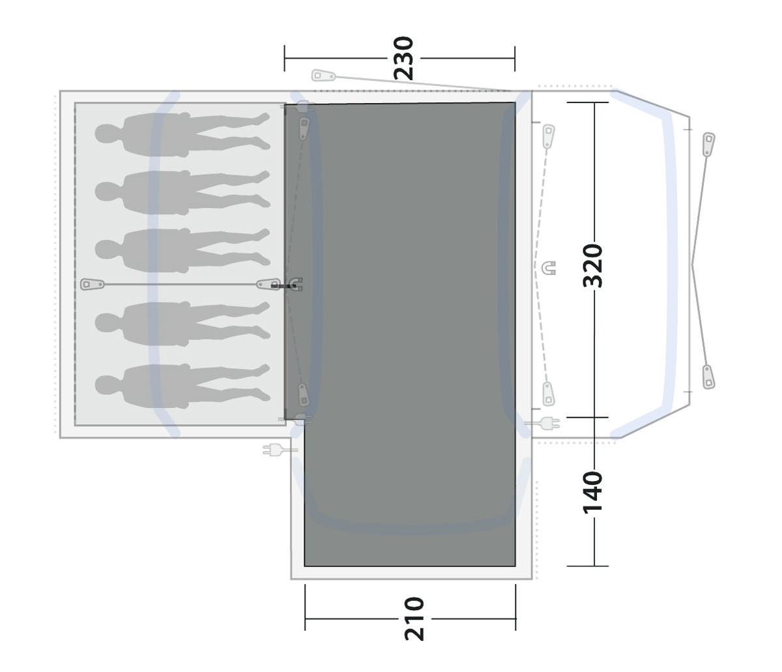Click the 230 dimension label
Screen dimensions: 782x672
click(x=403, y=58)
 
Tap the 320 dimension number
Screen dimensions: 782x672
click(x=593, y=266)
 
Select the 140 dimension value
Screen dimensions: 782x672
click(x=592, y=493)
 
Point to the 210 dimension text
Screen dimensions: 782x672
click(x=414, y=619)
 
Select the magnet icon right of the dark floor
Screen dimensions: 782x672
click(x=549, y=268)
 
